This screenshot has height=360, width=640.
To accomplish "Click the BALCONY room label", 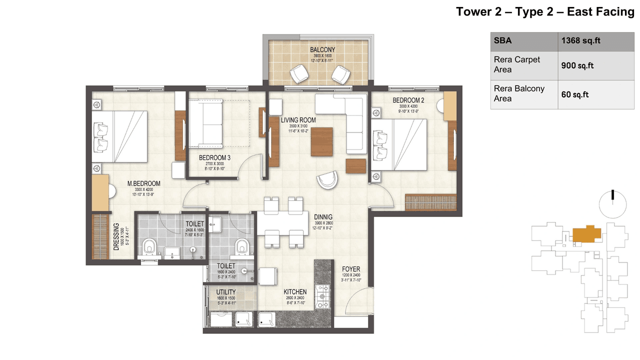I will tap(322, 50).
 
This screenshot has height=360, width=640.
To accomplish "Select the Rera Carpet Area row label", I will tap(517, 64).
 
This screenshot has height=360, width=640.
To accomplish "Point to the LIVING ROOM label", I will tap(298, 120).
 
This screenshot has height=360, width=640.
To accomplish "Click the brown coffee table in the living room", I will tap(321, 142).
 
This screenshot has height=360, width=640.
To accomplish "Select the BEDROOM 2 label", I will tap(408, 100).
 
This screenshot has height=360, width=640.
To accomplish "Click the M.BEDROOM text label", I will tap(143, 183).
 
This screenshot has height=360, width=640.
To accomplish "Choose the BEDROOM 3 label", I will tap(214, 157).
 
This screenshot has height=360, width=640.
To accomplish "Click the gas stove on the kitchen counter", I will tap(321, 297).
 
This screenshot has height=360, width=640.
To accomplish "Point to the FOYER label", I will tap(351, 269).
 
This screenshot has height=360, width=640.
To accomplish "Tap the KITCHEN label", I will tap(295, 291).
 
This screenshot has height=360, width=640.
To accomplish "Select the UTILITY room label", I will tap(226, 292).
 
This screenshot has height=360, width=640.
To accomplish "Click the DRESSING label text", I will tap(116, 236).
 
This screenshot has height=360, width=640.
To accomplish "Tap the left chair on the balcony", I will tap(301, 74).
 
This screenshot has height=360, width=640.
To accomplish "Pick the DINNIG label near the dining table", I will tap(323, 217).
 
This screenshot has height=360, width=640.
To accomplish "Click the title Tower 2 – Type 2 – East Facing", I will tap(544, 12).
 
